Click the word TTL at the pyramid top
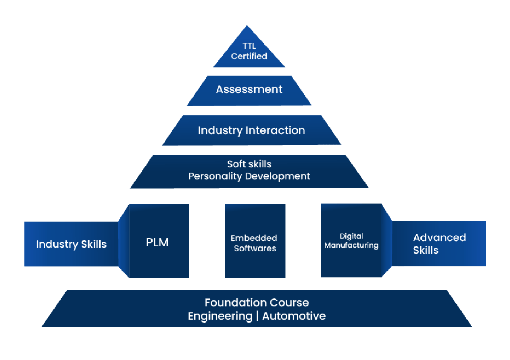tap(249, 46)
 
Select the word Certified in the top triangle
tap(249, 56)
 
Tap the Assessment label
tap(249, 89)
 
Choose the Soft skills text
tap(249, 164)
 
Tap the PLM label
tap(157, 243)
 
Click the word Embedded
tap(254, 238)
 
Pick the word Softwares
tap(255, 248)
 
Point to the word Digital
tap(351, 236)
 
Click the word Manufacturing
tap(351, 245)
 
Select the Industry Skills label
tap(71, 244)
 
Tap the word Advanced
tap(440, 238)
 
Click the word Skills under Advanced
tap(426, 250)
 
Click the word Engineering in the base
tap(220, 316)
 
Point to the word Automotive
tap(294, 316)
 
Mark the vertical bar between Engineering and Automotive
tap(257, 316)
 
